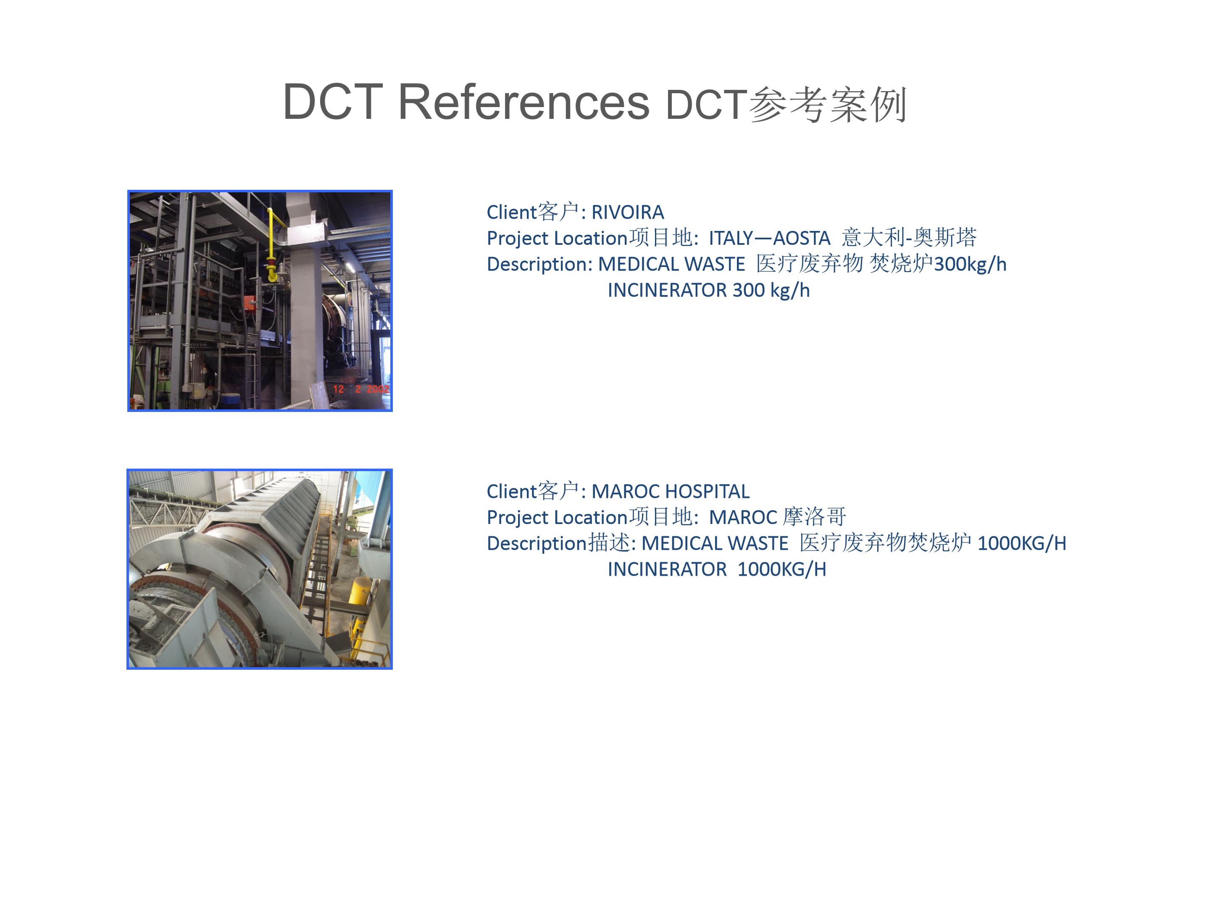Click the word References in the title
pos(523,102)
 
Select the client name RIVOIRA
pos(628,212)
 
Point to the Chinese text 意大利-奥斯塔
pos(909,237)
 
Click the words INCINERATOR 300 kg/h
pos(708,290)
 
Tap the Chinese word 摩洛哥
pos(815,516)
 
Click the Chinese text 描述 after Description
pos(609,543)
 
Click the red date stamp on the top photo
pos(361,389)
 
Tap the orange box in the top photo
pos(250,302)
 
